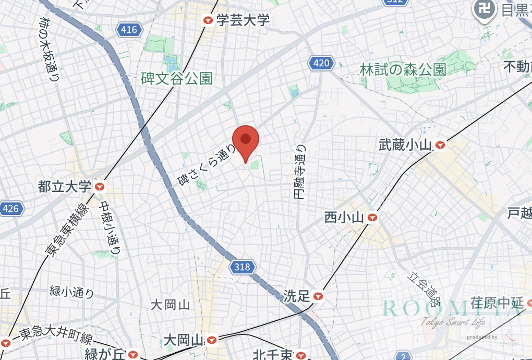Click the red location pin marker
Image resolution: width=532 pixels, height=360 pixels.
click(x=246, y=142)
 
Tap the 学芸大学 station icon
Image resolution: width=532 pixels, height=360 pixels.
click(x=208, y=20)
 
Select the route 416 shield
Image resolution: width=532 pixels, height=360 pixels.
click(x=128, y=30)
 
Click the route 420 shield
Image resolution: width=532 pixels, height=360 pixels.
click(x=321, y=64)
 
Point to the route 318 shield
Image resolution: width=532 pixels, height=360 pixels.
click(x=242, y=268)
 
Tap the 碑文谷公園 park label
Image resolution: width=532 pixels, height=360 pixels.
click(x=176, y=79)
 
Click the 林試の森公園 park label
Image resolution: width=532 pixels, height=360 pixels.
click(x=403, y=69)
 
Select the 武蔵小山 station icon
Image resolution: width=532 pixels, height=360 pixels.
click(x=441, y=145)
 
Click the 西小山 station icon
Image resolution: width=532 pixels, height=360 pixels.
click(x=372, y=217)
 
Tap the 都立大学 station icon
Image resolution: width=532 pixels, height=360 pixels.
click(x=99, y=186)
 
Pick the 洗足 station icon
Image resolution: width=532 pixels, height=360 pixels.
click(x=318, y=296)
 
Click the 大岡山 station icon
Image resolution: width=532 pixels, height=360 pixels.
click(x=211, y=340)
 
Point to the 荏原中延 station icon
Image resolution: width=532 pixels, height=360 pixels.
click(x=529, y=302)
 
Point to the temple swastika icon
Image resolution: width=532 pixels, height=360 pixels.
click(x=483, y=8)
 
